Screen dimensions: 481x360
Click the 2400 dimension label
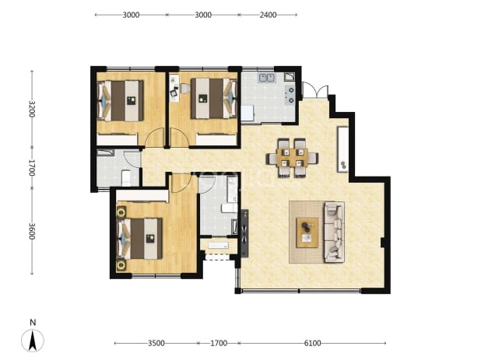pos(268,15)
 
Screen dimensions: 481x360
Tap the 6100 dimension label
pos(312,343)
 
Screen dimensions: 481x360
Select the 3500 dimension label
pos(156,343)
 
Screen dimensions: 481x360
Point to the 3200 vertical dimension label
pos(32,109)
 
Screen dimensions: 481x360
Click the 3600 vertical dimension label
pos(32,232)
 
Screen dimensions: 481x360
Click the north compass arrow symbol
pos(33,341)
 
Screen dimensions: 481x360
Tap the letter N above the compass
pos(33,323)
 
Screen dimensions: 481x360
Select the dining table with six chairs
pos(292,158)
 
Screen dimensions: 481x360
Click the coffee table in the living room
pos(307,232)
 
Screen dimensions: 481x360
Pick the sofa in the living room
pos(334,232)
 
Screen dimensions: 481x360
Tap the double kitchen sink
pos(267,78)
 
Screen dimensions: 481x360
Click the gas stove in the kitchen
pos(290,95)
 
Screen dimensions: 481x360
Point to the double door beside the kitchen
pos(315,90)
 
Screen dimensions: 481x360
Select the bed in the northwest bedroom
pos(121,101)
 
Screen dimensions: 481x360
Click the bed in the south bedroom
pos(140,239)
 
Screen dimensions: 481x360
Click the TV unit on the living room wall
pos(244,233)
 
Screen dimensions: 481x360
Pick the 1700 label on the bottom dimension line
pos(219,343)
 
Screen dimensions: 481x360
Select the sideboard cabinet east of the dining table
pos(342,149)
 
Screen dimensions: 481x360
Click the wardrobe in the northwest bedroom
pos(117,139)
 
